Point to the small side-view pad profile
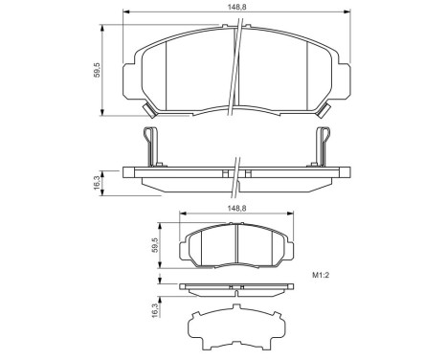[235, 287]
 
